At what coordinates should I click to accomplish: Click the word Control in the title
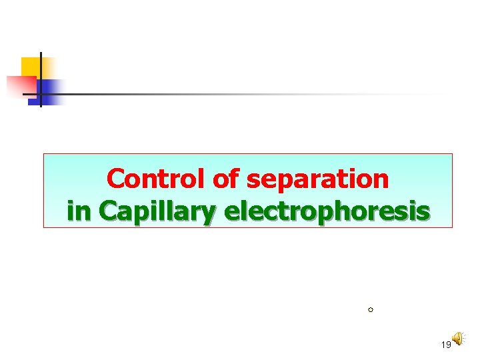coord(157,179)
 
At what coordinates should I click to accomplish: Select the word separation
coord(317,180)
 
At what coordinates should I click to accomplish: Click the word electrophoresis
coord(327,212)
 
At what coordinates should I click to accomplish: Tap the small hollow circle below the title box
coord(370,310)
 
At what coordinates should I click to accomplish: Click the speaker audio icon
coord(458,339)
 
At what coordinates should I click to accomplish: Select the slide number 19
coord(446,344)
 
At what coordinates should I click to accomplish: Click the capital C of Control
coord(116,179)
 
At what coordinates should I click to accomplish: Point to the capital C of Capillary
coord(109,211)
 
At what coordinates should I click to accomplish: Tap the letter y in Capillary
coord(209,215)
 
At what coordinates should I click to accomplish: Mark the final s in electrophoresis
coord(423,212)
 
